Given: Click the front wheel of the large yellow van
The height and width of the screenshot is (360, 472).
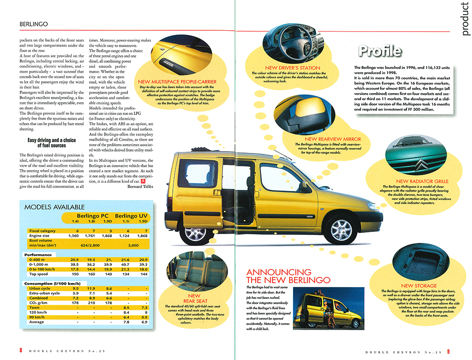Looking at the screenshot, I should [x=341, y=230].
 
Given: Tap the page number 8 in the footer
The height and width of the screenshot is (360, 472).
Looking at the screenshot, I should [x=21, y=350].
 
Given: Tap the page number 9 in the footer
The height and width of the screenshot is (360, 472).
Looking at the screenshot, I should [x=449, y=351].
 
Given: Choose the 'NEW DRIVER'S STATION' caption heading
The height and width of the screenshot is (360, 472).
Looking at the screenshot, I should [x=293, y=68].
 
